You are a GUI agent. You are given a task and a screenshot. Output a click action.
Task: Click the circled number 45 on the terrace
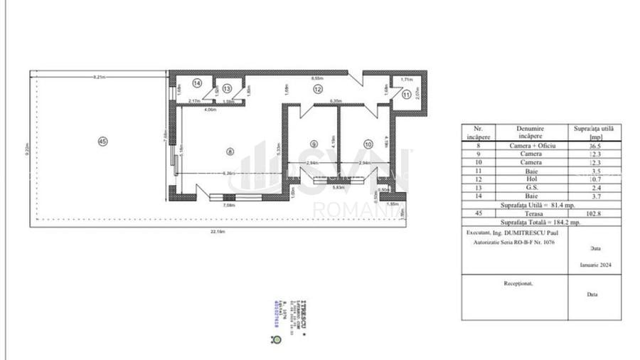[x=103, y=142]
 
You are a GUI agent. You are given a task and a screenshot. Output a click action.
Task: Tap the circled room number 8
[x=229, y=151]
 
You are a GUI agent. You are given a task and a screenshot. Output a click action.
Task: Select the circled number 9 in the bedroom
[x=314, y=144]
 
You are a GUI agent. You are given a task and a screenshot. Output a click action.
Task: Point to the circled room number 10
[x=367, y=144]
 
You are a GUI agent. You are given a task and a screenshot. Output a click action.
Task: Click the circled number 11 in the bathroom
[x=406, y=93]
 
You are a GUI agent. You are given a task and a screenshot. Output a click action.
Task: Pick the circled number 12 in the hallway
[x=318, y=89]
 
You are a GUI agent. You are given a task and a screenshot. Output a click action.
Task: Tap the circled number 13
[x=226, y=89]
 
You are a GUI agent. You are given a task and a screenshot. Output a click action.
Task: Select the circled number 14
[x=196, y=83]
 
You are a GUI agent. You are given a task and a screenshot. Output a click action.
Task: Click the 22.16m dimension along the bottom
[x=218, y=231]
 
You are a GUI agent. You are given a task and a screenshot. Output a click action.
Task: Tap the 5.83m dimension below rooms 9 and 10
[x=340, y=187]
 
